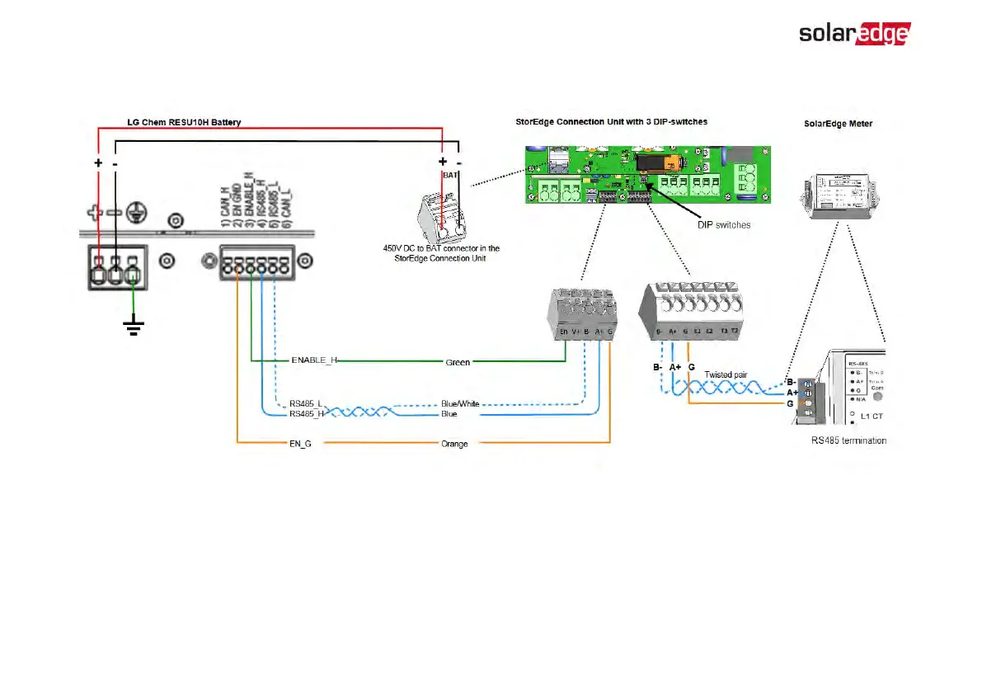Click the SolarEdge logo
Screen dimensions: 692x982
coord(853,34)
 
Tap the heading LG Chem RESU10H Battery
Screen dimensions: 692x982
coord(184,123)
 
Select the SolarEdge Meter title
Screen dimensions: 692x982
coord(838,124)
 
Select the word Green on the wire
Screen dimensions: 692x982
coord(458,362)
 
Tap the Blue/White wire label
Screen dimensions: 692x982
coord(460,404)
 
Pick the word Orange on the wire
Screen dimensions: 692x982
coord(454,444)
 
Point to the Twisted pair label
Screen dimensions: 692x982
coord(726,374)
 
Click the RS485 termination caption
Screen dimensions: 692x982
coord(849,440)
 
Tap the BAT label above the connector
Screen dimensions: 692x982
coord(450,176)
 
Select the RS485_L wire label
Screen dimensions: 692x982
coord(306,404)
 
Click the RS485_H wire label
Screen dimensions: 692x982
coord(306,414)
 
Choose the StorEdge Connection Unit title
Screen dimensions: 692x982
coord(605,122)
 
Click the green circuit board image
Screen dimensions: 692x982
coord(647,175)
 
